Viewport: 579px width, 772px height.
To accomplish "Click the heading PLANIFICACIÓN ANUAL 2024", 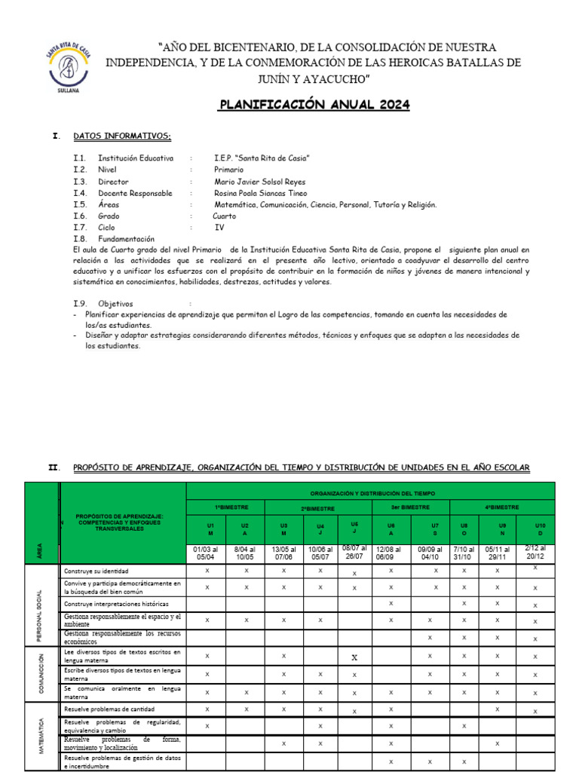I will [x=314, y=105].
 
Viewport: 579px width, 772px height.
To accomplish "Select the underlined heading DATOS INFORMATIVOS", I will [x=122, y=136].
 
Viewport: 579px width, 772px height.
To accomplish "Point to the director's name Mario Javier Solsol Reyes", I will [x=260, y=182].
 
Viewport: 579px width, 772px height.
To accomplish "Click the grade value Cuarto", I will [x=225, y=216].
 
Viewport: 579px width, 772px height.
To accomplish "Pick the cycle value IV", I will [x=219, y=227].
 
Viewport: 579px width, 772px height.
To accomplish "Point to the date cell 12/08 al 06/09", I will [x=391, y=553].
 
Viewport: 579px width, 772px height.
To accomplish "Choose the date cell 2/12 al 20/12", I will [x=535, y=553].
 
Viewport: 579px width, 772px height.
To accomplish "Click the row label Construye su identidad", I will [x=96, y=571].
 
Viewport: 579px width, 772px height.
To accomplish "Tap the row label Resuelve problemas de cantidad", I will [x=110, y=709].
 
